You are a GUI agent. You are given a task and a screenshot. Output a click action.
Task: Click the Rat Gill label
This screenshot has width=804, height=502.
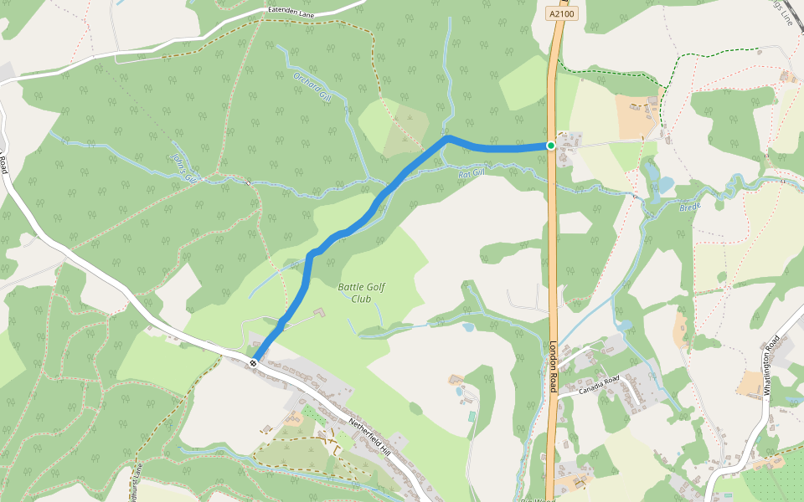472,173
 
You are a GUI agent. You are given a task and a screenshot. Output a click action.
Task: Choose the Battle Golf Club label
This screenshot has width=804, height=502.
362,293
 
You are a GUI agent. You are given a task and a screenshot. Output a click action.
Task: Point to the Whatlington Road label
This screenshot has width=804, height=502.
771,365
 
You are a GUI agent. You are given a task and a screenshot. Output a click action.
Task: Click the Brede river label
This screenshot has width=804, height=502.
689,206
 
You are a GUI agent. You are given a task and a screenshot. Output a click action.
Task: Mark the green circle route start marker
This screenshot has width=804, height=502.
551,146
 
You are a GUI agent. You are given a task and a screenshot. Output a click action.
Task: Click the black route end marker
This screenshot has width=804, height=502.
253,362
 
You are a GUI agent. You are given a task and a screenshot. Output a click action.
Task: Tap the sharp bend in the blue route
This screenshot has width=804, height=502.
448,137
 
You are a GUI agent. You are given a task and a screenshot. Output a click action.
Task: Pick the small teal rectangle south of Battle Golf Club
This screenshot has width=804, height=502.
472,415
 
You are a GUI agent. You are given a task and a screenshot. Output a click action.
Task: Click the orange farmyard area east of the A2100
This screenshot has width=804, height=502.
633,115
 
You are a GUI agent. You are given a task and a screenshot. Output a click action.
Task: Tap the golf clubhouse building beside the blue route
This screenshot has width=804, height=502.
318,313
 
